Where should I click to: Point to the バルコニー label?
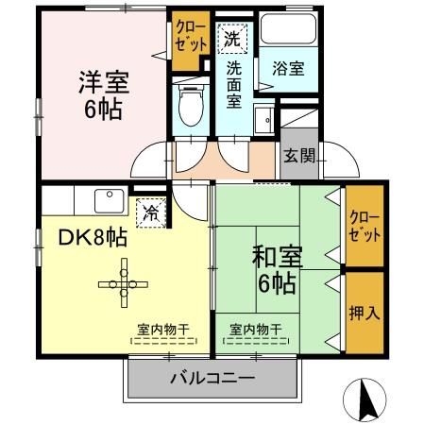pos(212,381)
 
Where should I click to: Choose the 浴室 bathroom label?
pos(288,68)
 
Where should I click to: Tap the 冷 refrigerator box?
pos(150,213)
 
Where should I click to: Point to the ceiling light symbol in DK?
pos(122,282)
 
